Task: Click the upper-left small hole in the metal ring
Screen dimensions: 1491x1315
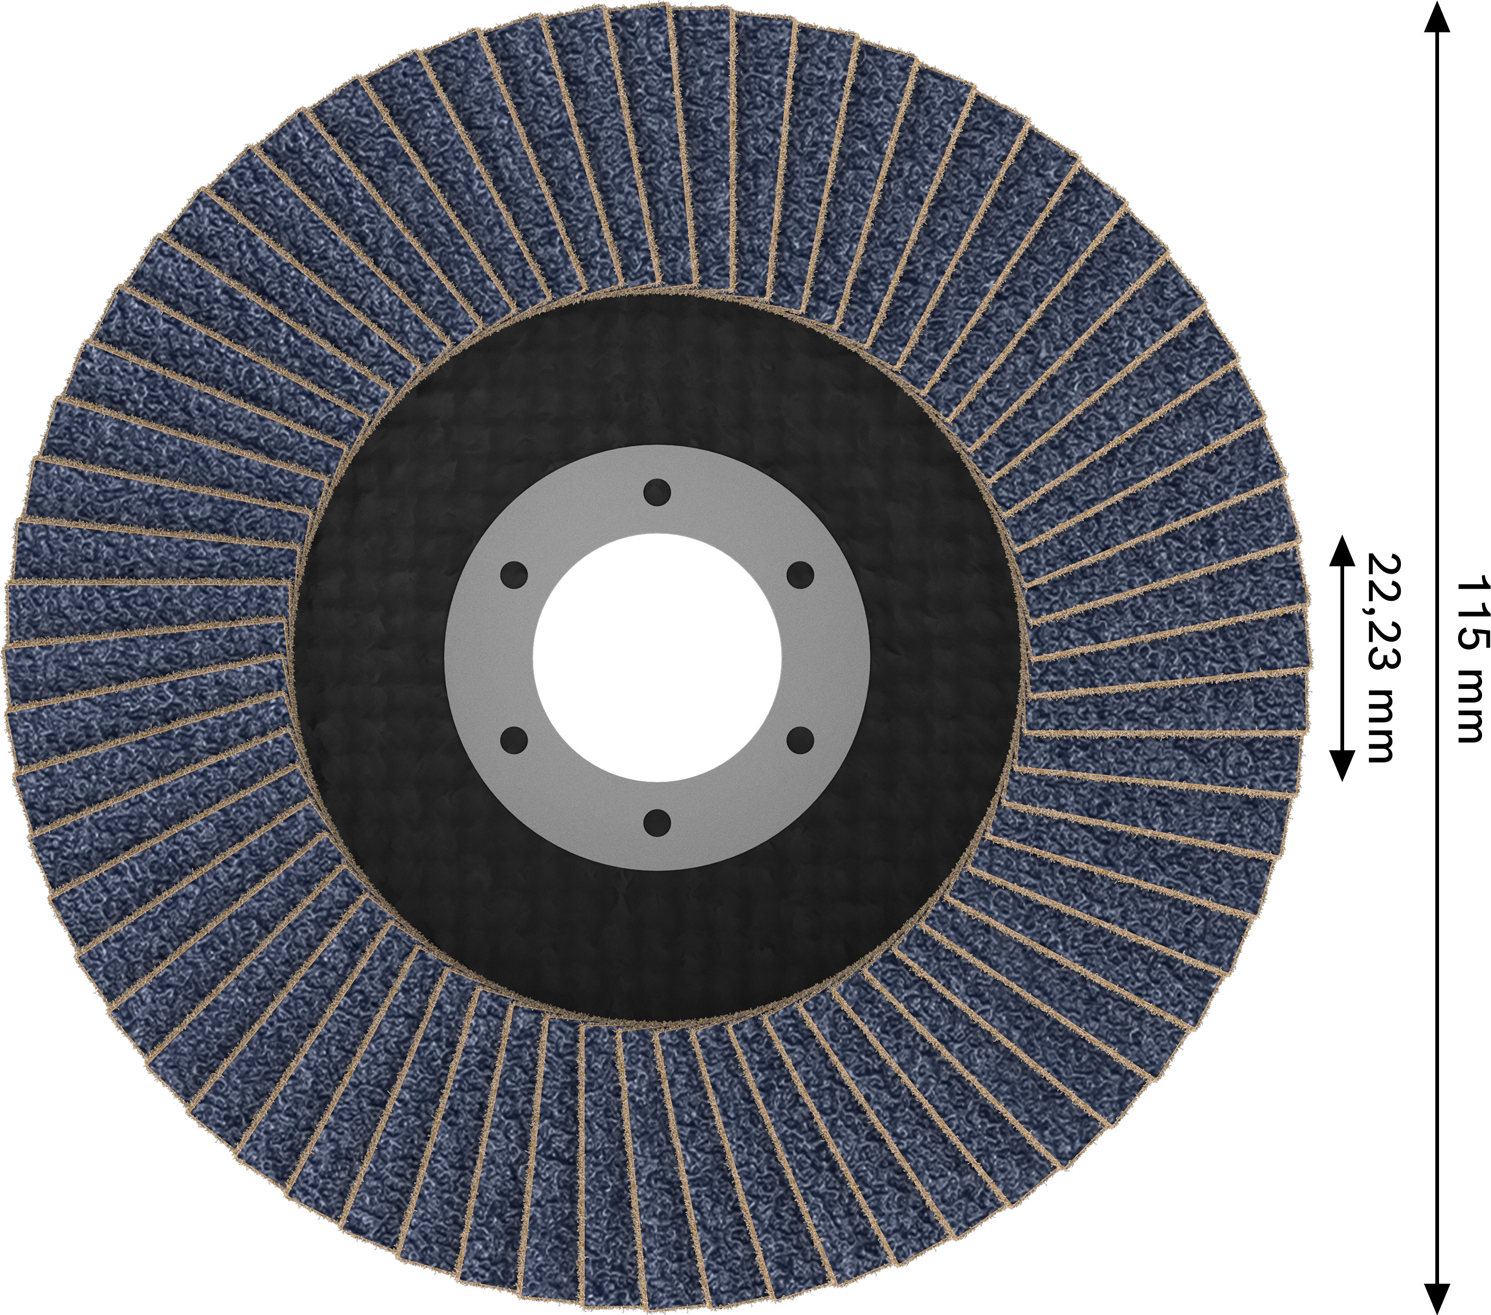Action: click(514, 575)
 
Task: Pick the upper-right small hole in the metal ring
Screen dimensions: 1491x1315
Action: click(800, 575)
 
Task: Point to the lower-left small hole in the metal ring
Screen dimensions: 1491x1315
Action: click(514, 740)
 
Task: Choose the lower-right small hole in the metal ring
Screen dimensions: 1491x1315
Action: click(800, 740)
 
